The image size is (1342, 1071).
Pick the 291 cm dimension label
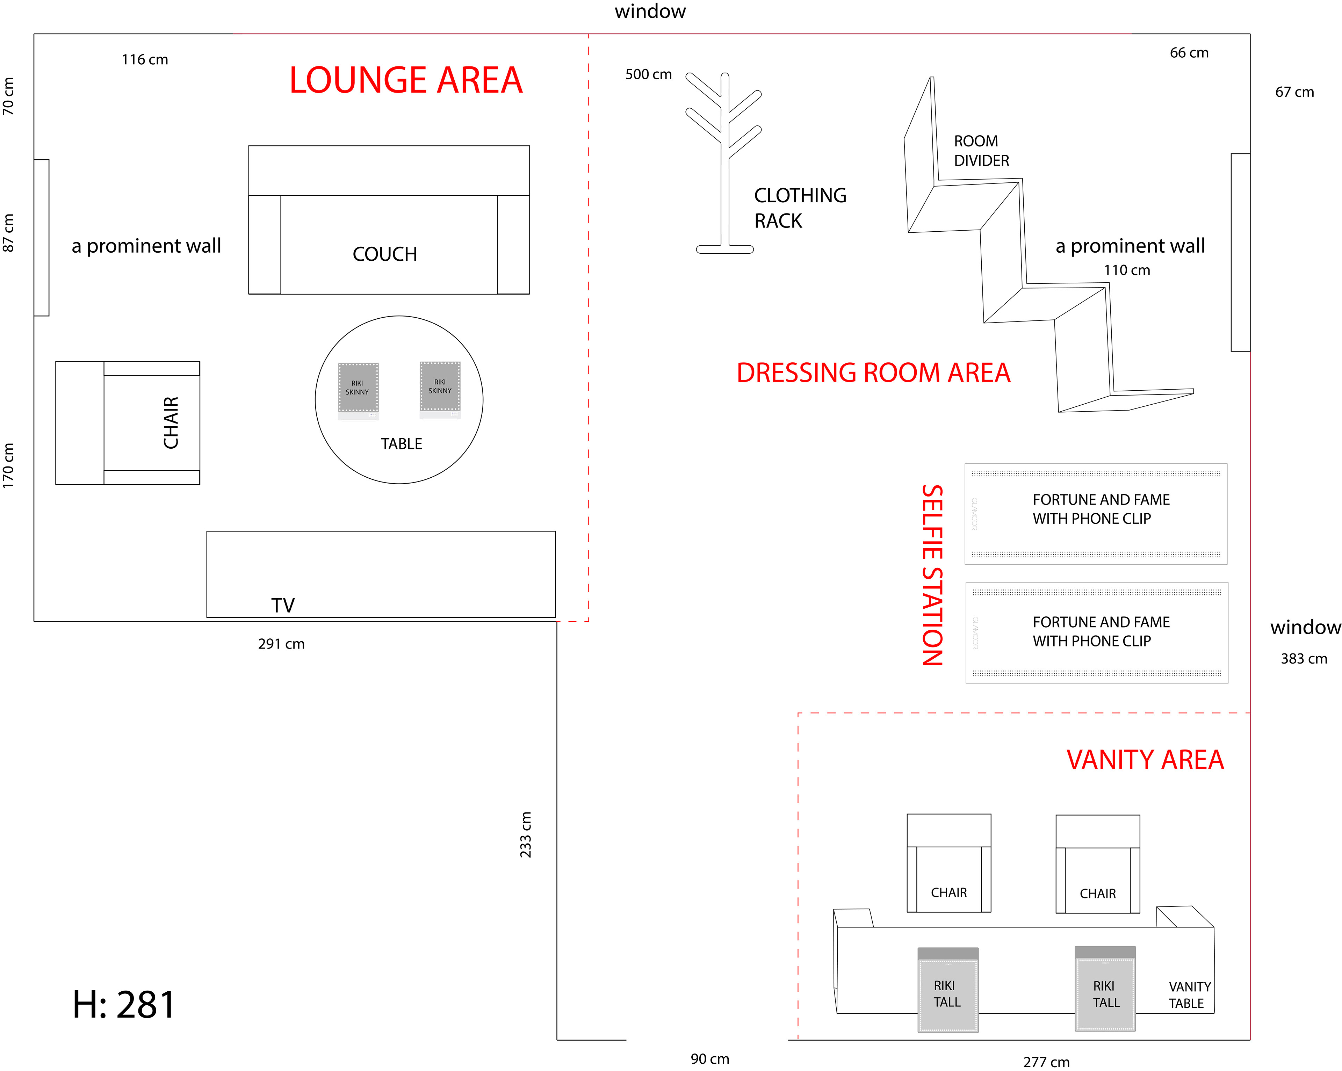(x=281, y=644)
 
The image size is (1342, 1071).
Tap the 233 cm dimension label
(x=526, y=834)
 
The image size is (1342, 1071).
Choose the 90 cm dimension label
(x=709, y=1058)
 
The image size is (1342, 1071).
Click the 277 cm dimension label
(x=1046, y=1062)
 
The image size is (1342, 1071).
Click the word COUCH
(x=385, y=254)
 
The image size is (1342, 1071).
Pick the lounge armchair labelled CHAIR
(x=128, y=422)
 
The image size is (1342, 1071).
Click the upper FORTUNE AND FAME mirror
(x=1096, y=513)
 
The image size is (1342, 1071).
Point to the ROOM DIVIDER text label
(x=981, y=151)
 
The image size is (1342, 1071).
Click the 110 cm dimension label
(x=1127, y=270)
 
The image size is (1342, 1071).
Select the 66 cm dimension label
(x=1189, y=53)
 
